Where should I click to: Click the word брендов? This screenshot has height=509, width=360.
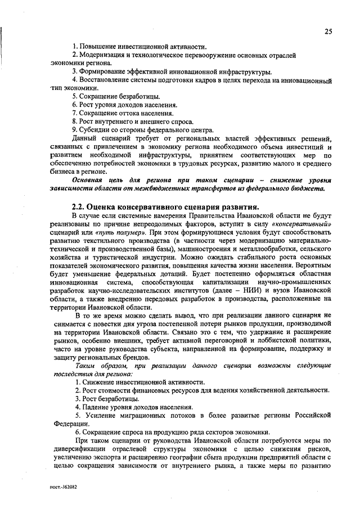coord(132,358)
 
